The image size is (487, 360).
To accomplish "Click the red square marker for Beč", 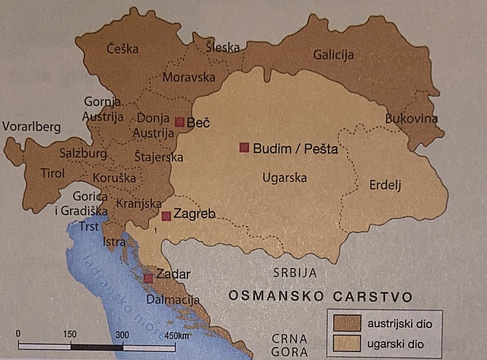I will (x=180, y=122).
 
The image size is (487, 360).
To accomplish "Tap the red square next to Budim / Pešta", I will (x=244, y=147).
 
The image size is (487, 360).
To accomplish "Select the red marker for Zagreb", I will (x=166, y=216).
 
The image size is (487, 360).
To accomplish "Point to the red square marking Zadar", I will (x=148, y=279).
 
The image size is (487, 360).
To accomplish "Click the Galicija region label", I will (x=334, y=55).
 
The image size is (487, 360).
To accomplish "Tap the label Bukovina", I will (x=412, y=119).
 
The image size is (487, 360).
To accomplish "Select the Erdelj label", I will (x=384, y=185).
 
